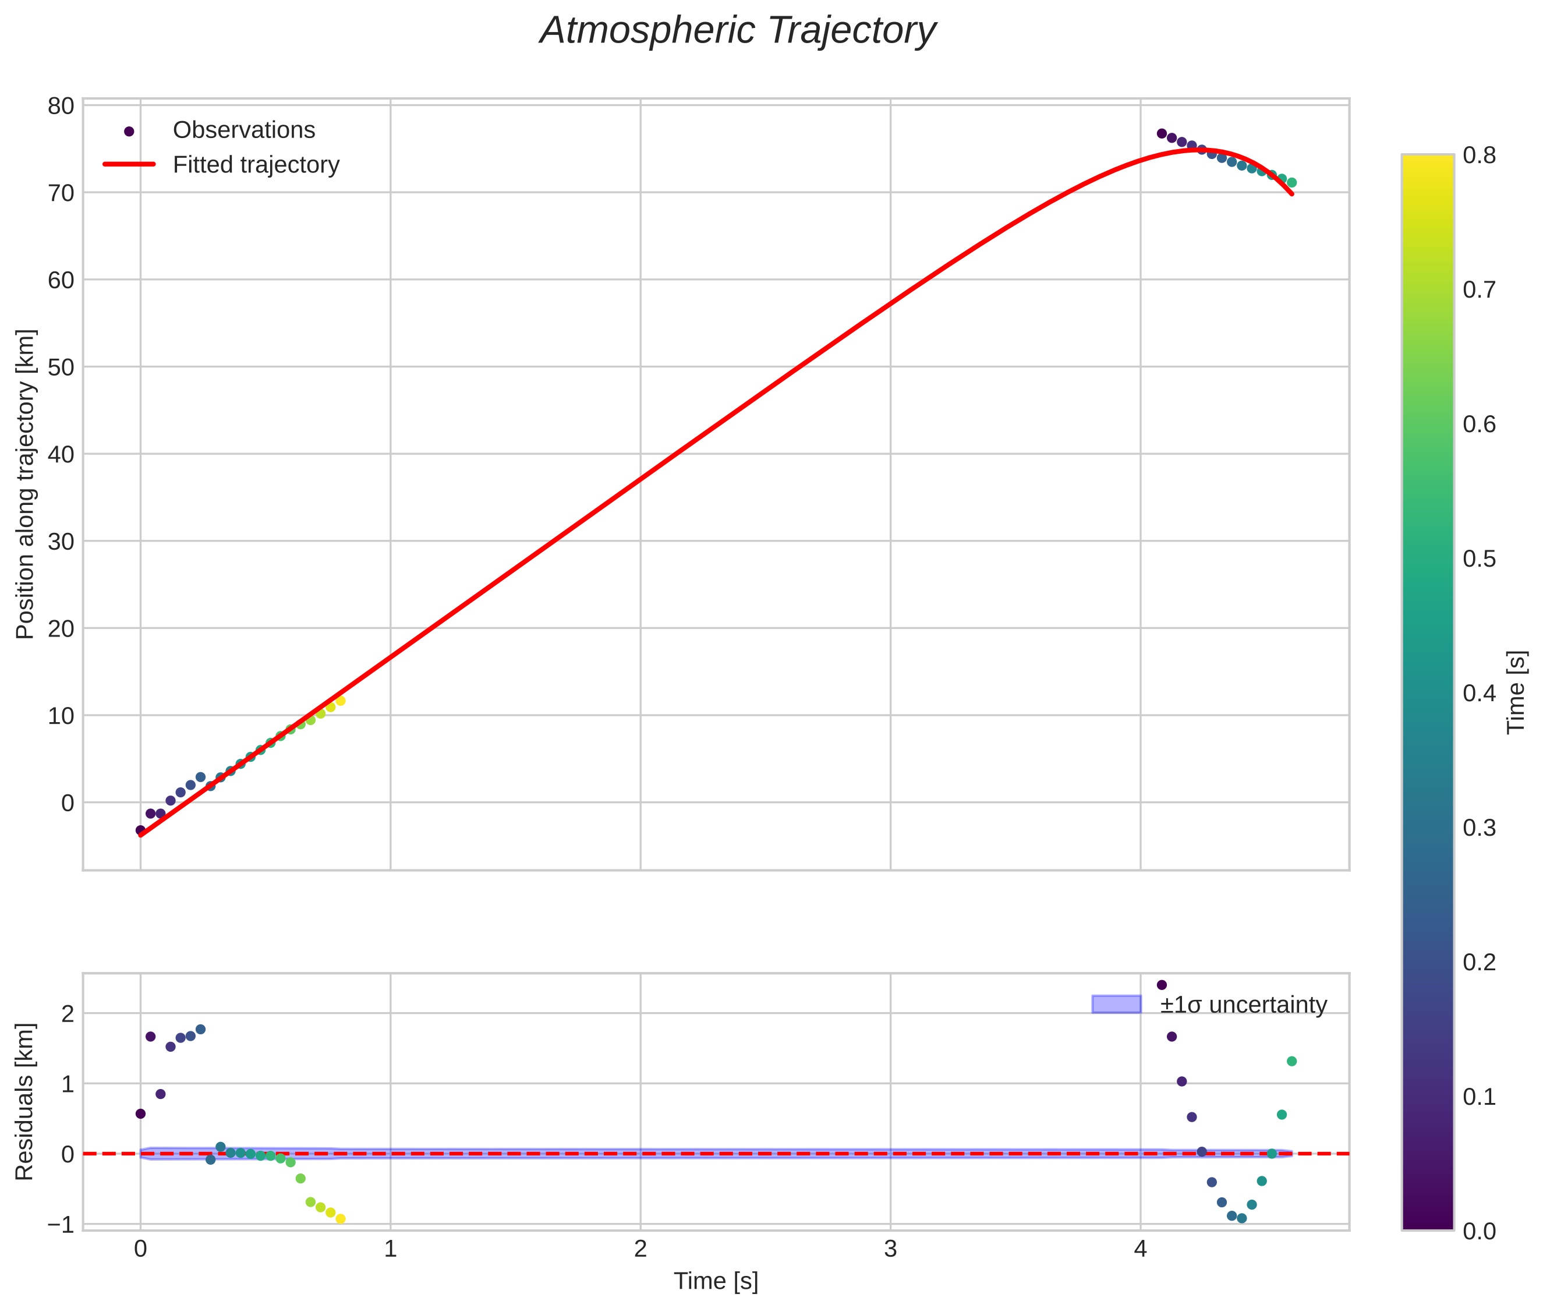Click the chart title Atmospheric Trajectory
[738, 31]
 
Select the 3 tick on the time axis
[890, 1249]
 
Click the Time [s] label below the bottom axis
[716, 1281]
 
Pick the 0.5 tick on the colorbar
[1479, 558]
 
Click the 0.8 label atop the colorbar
[1479, 155]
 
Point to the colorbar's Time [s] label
[1517, 692]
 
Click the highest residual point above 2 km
[1162, 985]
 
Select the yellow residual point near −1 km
[341, 1219]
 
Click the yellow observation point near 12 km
[341, 701]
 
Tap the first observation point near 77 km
[1162, 133]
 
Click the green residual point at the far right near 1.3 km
[1291, 1061]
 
